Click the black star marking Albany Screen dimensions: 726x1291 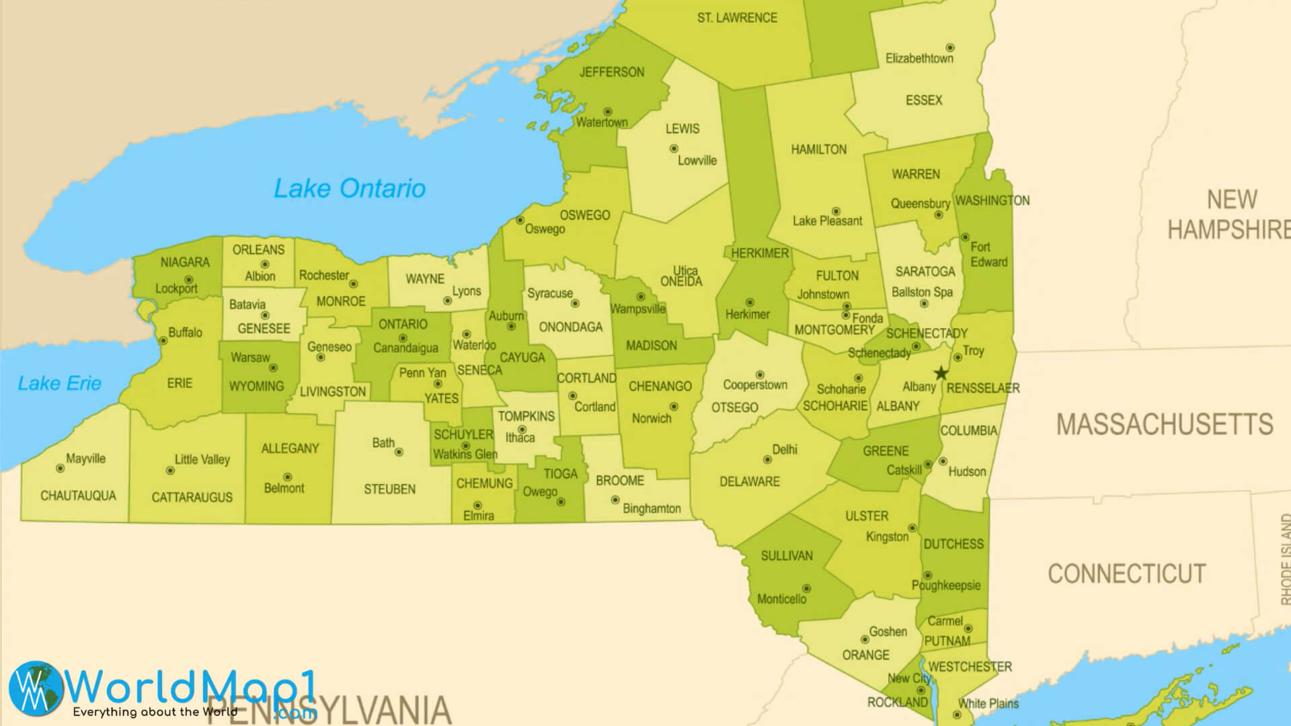click(941, 373)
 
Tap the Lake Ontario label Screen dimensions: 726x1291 click(349, 188)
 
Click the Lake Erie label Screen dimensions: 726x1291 click(59, 383)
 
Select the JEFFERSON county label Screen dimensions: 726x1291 click(611, 72)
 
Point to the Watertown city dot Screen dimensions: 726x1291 click(607, 112)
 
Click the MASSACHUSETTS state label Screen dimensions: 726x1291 click(1164, 424)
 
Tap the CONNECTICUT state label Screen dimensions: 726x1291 click(1126, 573)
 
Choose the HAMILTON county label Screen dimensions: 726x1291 click(818, 149)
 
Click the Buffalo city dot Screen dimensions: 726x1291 click(163, 341)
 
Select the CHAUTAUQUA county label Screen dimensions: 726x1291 click(78, 495)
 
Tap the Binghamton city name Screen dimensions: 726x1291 click(651, 508)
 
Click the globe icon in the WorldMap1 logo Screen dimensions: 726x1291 click(35, 687)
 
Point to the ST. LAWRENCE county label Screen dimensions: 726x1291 click(737, 18)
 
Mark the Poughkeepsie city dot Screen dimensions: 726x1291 click(927, 575)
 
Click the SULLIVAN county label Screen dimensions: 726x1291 click(786, 555)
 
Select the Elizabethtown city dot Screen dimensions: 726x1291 click(950, 48)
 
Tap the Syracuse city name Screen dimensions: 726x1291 click(549, 293)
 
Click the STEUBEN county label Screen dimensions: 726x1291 click(389, 489)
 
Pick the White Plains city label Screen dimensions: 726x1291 click(988, 703)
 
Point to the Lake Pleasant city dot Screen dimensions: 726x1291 click(836, 211)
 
